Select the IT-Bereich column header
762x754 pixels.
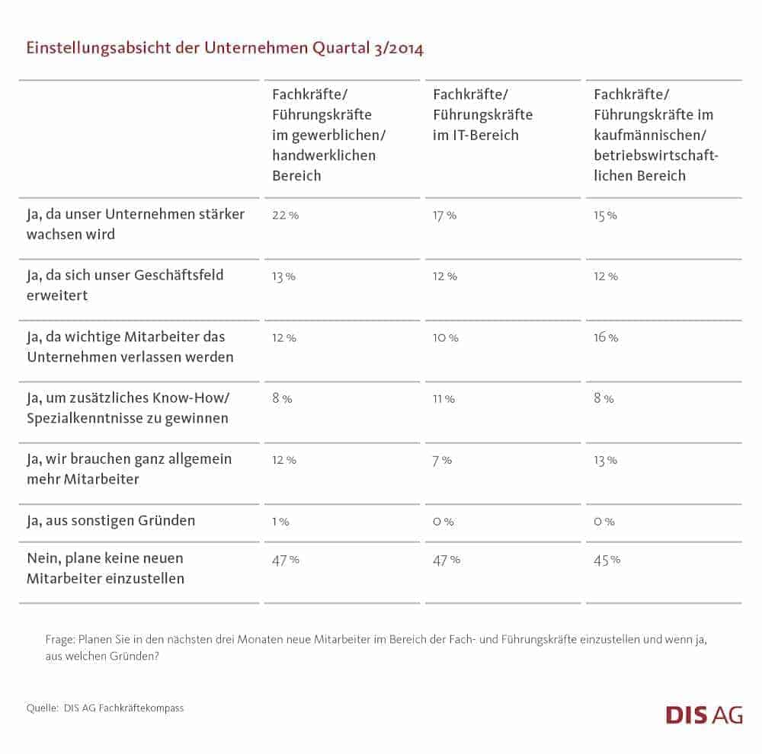tap(482, 115)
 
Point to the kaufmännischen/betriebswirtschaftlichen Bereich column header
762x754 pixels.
tap(656, 135)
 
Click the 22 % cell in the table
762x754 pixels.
tap(285, 216)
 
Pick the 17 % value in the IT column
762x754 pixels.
tap(444, 216)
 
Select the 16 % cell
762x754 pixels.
tap(606, 337)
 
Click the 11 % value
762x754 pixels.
tap(443, 398)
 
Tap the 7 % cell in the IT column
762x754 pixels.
tap(442, 460)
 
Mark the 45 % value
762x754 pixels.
tap(607, 560)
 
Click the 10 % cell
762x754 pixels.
tap(445, 337)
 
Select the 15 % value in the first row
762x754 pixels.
tap(605, 216)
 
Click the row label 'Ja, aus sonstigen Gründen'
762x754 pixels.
tap(111, 521)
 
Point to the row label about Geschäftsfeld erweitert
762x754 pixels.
tap(125, 284)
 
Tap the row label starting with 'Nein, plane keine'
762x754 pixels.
tap(105, 568)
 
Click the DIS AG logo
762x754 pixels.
tap(703, 714)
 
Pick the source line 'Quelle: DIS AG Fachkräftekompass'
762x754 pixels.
tap(105, 708)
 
